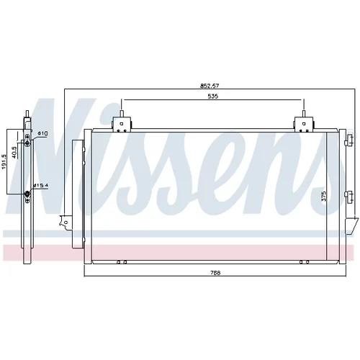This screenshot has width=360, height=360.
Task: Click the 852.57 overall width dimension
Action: click(210, 86)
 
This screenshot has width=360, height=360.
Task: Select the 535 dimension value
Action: click(213, 96)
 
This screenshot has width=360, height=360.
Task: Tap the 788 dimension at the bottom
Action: click(215, 273)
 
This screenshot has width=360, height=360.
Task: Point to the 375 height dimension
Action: click(324, 197)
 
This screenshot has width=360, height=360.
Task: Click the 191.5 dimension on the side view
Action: click(4, 161)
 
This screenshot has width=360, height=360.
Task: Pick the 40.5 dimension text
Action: click(14, 153)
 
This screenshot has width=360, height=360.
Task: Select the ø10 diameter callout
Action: click(42, 133)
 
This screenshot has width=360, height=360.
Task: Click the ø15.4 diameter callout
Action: click(41, 185)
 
